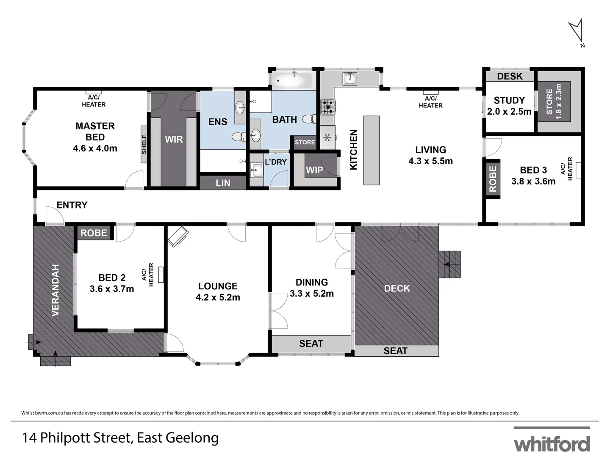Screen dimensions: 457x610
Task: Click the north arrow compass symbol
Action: point(577,32)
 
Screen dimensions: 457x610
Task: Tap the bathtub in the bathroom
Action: point(292,80)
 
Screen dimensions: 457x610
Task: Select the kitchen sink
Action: point(350,79)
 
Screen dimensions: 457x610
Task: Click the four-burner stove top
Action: point(327,107)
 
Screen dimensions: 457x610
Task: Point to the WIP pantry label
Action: point(314,170)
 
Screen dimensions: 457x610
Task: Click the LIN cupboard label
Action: point(223,183)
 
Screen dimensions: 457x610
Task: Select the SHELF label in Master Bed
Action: point(144,144)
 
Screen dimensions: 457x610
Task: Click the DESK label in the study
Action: point(510,76)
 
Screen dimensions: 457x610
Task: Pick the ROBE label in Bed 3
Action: point(493,179)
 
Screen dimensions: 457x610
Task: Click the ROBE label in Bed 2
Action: point(94,233)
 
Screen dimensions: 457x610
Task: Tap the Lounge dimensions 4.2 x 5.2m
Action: point(218,297)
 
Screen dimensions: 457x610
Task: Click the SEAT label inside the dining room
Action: point(311,344)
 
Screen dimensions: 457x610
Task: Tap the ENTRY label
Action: point(72,205)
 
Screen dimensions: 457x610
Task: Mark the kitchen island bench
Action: point(371,150)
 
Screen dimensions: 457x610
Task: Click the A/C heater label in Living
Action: point(430,102)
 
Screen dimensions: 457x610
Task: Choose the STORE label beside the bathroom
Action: point(305,142)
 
